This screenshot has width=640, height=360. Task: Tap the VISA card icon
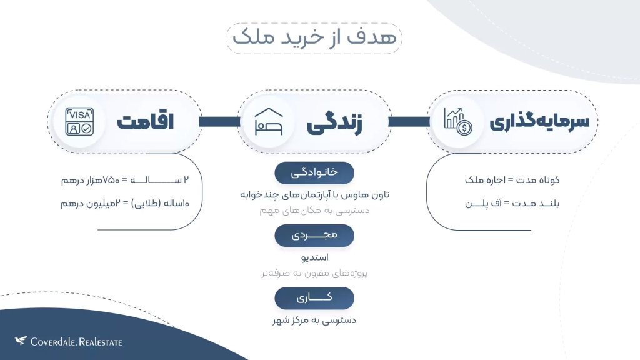pyautogui.click(x=79, y=122)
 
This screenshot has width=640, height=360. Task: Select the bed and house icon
pyautogui.click(x=269, y=122)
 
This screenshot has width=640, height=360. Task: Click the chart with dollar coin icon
pyautogui.click(x=458, y=122)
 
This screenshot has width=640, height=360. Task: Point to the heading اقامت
pyautogui.click(x=145, y=122)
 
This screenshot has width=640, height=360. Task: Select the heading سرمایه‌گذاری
pyautogui.click(x=539, y=122)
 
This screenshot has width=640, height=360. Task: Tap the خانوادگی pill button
pyautogui.click(x=314, y=172)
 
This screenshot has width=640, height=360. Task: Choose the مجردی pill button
pyautogui.click(x=314, y=236)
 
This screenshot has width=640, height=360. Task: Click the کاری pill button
pyautogui.click(x=314, y=298)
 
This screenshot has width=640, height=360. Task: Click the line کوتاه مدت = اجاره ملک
pyautogui.click(x=512, y=180)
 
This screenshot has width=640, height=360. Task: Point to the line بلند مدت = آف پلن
pyautogui.click(x=512, y=203)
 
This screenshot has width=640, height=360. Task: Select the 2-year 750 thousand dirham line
pyautogui.click(x=125, y=180)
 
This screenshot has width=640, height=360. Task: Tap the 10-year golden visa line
pyautogui.click(x=125, y=203)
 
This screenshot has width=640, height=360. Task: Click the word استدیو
pyautogui.click(x=315, y=257)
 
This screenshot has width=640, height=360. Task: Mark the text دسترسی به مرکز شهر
pyautogui.click(x=314, y=321)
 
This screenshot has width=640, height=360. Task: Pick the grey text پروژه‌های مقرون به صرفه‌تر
pyautogui.click(x=315, y=273)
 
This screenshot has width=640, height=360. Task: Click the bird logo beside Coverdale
pyautogui.click(x=21, y=341)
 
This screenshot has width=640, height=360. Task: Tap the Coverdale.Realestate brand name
pyautogui.click(x=76, y=342)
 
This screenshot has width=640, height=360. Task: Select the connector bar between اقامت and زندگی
pyautogui.click(x=219, y=122)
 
